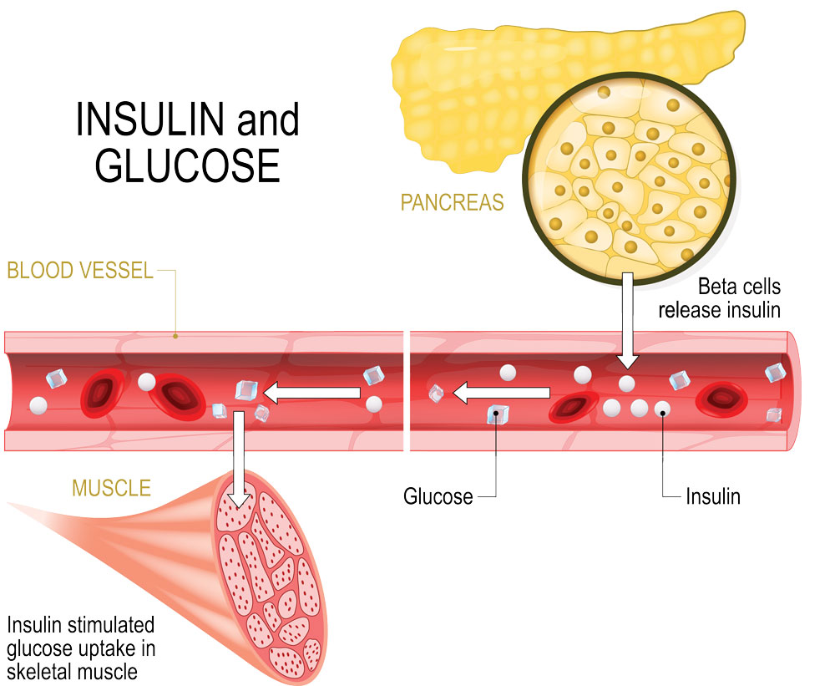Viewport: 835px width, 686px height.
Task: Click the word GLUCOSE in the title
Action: tap(186, 165)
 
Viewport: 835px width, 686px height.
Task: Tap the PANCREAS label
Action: tap(452, 202)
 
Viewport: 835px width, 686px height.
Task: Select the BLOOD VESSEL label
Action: tap(80, 271)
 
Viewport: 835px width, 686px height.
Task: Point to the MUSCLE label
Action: tap(111, 486)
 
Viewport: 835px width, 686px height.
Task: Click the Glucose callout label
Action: tap(438, 496)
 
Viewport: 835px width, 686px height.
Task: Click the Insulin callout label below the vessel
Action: tap(713, 496)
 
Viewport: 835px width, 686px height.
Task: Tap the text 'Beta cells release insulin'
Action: tap(719, 298)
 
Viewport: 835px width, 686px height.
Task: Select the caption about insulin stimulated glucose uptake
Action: tap(81, 648)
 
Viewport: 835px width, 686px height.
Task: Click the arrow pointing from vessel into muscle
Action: tap(239, 460)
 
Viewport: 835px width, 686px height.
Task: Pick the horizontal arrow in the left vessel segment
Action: tap(314, 389)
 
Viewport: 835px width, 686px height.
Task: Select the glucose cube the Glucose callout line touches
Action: tap(498, 412)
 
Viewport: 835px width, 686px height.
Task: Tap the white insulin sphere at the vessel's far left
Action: tap(38, 406)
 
